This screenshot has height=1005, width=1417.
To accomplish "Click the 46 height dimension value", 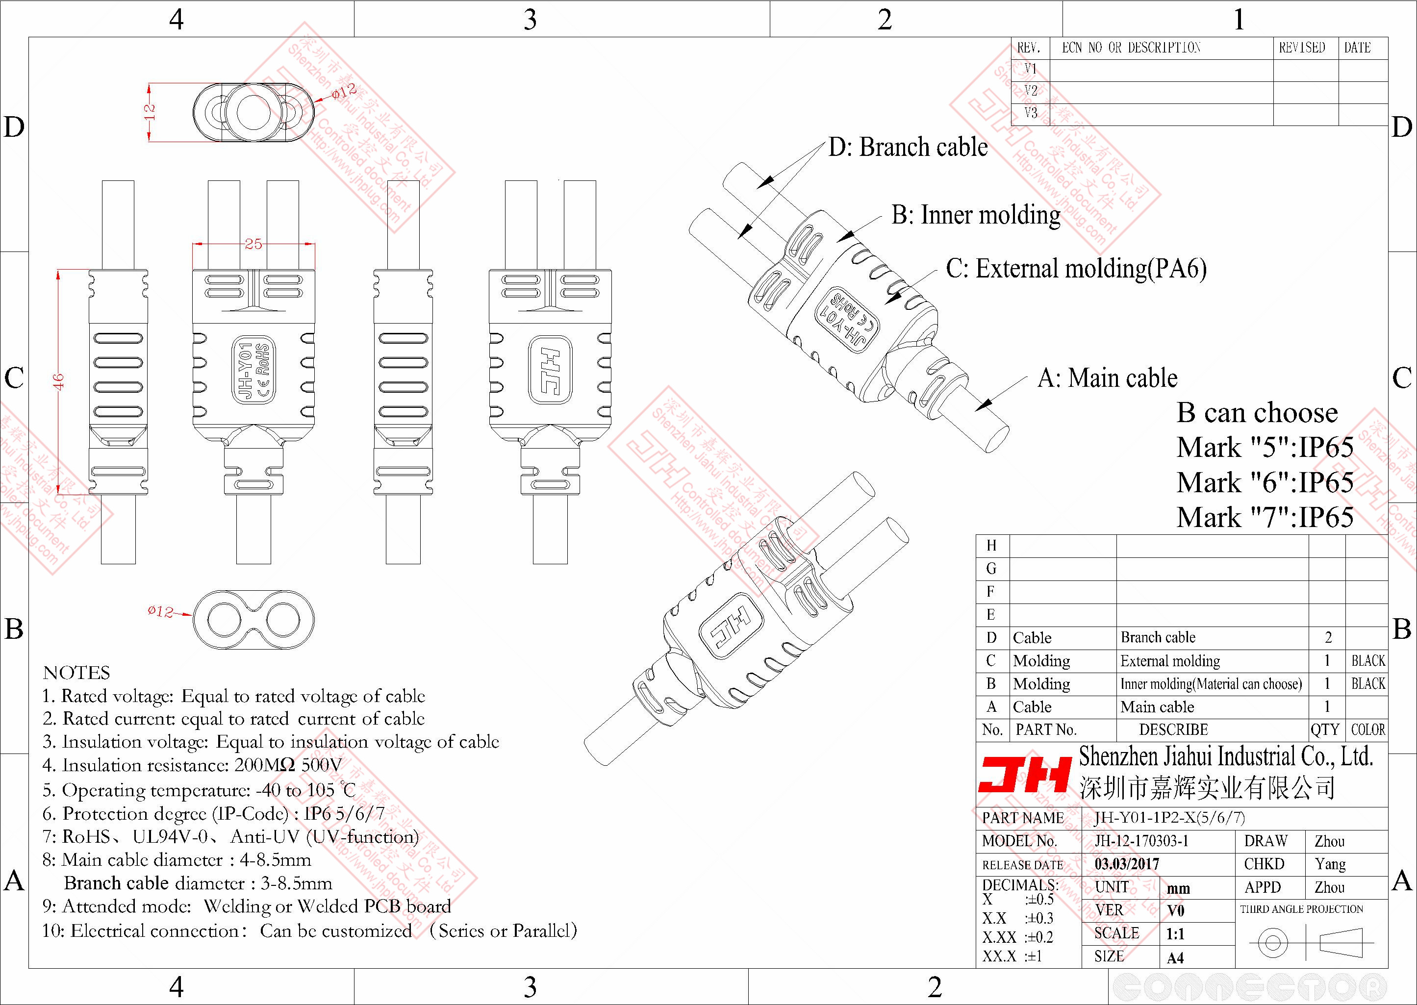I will [59, 381].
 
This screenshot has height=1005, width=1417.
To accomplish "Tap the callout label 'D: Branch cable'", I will [908, 147].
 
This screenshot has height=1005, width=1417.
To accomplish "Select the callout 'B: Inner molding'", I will [976, 215].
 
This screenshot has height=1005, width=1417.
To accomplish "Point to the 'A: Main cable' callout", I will [1107, 378].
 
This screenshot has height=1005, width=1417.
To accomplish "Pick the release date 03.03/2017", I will [1127, 864].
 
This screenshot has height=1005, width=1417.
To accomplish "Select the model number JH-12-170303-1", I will [1141, 841].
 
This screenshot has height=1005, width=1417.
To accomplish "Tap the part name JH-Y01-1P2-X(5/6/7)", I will [1169, 818].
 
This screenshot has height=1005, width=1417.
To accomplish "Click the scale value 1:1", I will [1175, 934].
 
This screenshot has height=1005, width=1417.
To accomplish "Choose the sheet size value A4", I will [1175, 958].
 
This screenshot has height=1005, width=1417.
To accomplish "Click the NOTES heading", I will [76, 673].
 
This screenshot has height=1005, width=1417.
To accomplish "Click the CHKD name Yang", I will [1330, 864].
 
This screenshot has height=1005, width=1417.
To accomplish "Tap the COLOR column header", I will [1367, 729].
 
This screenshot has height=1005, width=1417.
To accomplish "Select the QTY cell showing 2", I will [1328, 637].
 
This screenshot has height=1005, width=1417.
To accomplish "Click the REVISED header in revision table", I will [1302, 48].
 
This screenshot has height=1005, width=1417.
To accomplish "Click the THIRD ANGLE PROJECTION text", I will [1301, 909].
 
